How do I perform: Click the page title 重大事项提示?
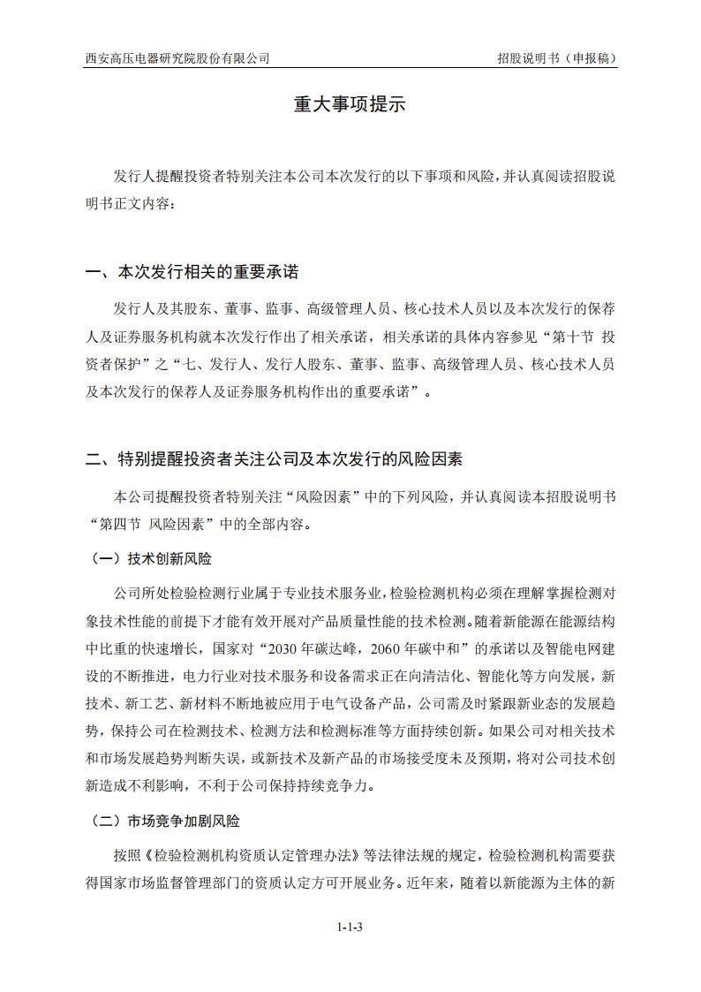(x=350, y=104)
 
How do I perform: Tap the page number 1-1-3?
(x=350, y=927)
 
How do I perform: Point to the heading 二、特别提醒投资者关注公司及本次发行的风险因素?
(x=274, y=458)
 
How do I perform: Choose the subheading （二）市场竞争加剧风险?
(x=165, y=821)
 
